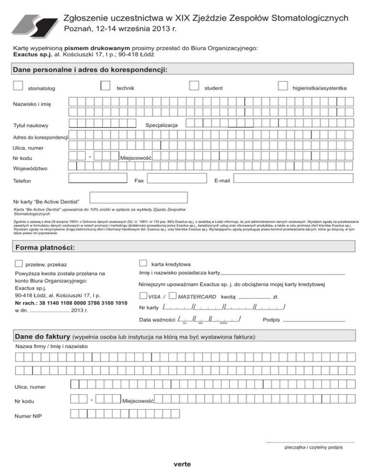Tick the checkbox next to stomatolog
click(x=18, y=85)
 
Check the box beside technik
click(x=106, y=85)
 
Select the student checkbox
click(x=194, y=85)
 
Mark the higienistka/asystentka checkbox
click(x=282, y=85)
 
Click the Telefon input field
click(x=97, y=179)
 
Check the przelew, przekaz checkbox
click(x=18, y=263)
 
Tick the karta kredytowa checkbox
click(x=142, y=262)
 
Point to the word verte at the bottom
click(x=183, y=464)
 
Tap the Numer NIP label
click(x=28, y=416)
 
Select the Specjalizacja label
click(x=162, y=125)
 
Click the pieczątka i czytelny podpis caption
click(x=313, y=448)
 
